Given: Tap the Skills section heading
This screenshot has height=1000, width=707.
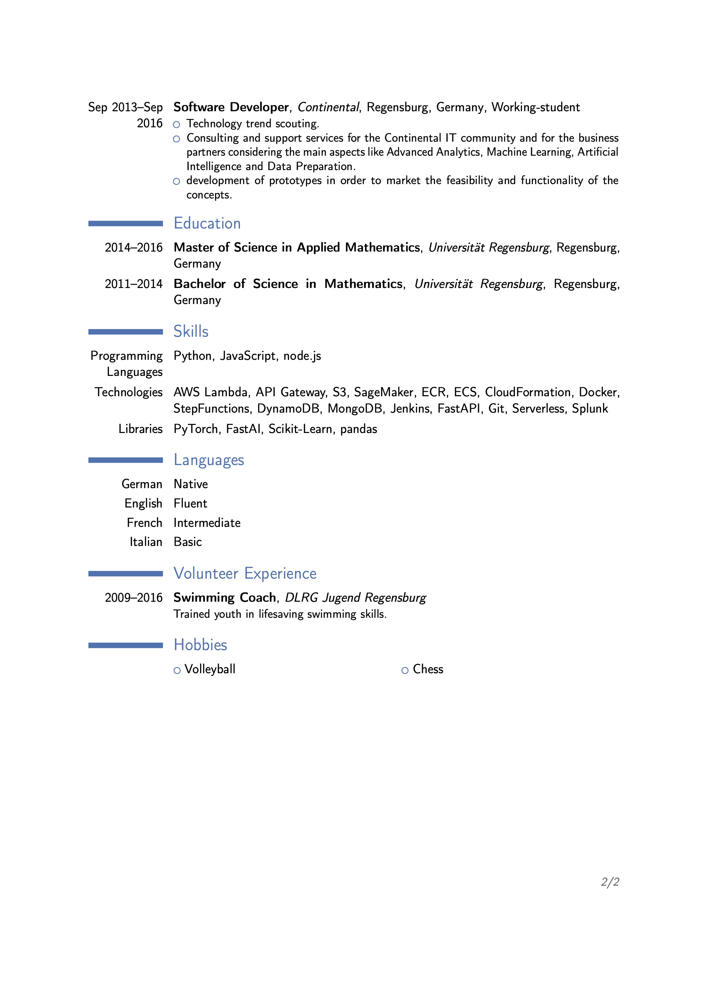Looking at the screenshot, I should click(x=191, y=331).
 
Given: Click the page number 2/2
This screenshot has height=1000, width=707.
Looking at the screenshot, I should click(x=610, y=882).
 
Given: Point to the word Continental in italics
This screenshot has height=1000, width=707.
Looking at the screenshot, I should click(x=328, y=107).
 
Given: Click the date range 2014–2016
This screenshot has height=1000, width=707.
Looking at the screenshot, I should click(x=133, y=247).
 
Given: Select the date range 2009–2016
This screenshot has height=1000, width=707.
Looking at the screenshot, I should click(x=133, y=597).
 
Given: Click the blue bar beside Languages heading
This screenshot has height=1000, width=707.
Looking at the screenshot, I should click(x=125, y=460).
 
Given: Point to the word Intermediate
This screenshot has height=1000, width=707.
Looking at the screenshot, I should click(x=207, y=523).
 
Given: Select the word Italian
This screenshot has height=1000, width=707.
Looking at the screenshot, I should click(x=146, y=542).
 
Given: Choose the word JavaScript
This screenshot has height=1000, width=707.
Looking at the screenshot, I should click(x=248, y=356).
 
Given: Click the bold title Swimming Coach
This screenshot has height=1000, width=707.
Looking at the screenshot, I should click(x=225, y=597).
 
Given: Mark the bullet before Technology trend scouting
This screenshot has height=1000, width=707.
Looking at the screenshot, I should click(x=176, y=125).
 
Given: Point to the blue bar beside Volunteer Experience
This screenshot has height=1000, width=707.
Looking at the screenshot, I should click(x=125, y=574).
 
